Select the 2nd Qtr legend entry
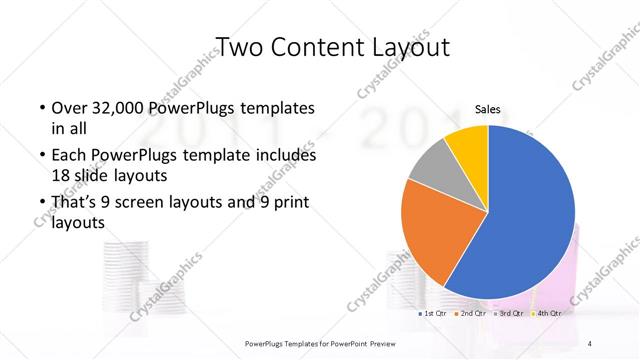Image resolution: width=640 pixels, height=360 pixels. tap(471, 314)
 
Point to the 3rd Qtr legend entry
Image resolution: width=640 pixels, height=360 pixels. tap(509, 314)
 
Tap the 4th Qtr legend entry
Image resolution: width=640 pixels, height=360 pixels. tap(546, 314)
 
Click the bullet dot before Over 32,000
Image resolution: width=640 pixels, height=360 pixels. tap(41, 108)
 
